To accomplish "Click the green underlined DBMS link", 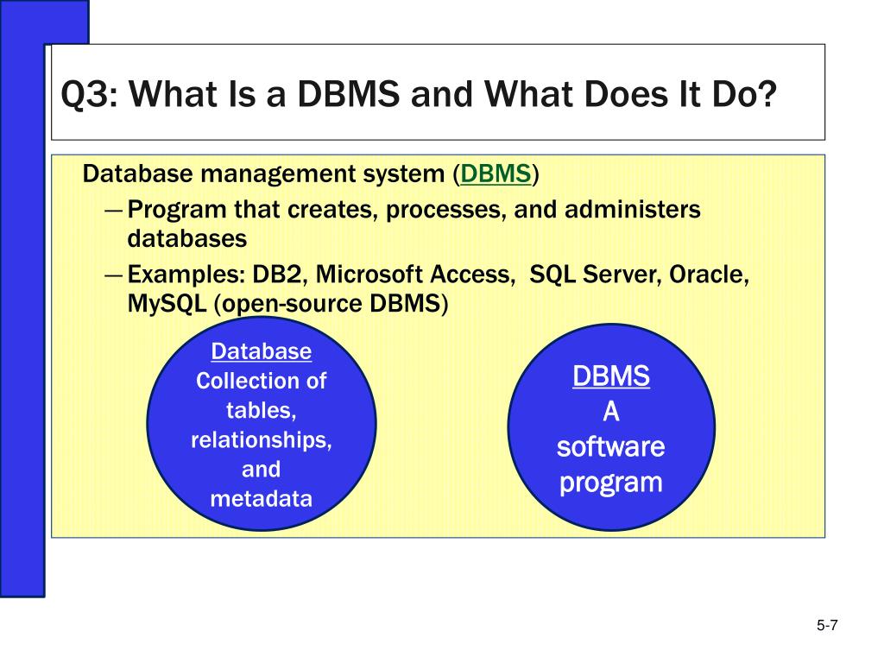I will click(496, 174).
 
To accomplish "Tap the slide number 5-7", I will click(828, 627).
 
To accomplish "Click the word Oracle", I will click(710, 275).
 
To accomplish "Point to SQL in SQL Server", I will click(552, 275).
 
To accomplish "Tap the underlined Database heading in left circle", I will click(262, 351).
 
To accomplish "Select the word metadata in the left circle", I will click(261, 499).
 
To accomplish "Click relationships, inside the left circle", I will click(262, 439).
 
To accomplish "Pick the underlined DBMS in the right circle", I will click(611, 377).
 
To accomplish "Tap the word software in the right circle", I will click(610, 447).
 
